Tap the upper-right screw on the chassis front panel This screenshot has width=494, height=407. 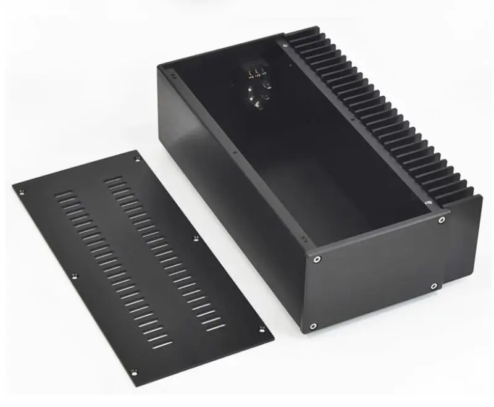pyautogui.click(x=441, y=218)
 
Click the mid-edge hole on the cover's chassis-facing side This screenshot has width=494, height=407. pyautogui.click(x=196, y=238)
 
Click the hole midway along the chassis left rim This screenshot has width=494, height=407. pyautogui.click(x=235, y=150)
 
